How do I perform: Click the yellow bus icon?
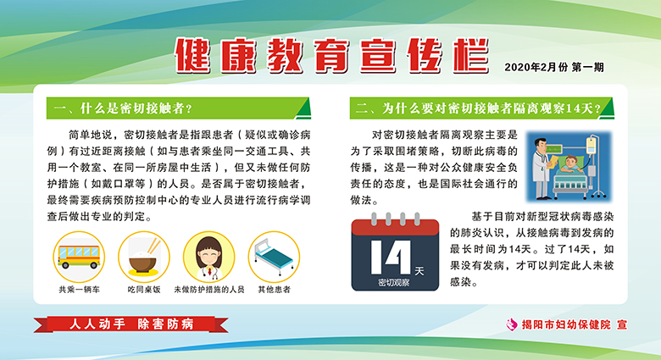coord(79,257)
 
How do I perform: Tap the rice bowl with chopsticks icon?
coord(144,257)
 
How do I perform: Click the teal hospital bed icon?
coord(274,257)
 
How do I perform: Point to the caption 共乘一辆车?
coord(79,290)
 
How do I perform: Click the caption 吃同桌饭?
coord(144,290)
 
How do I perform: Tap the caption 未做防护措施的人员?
coord(209,290)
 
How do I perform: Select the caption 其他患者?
coord(274,290)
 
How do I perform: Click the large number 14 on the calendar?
coord(391,258)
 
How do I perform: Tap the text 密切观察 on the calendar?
coord(394,282)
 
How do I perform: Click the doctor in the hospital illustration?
coord(541,168)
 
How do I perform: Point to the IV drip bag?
coord(592,146)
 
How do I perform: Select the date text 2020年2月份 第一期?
coord(554,68)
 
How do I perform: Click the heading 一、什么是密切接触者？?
coord(123,108)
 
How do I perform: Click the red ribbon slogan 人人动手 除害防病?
coord(131,324)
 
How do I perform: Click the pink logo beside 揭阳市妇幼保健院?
coord(512,324)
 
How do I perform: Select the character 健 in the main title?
coord(192,55)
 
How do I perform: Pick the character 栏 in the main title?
coord(471,55)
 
